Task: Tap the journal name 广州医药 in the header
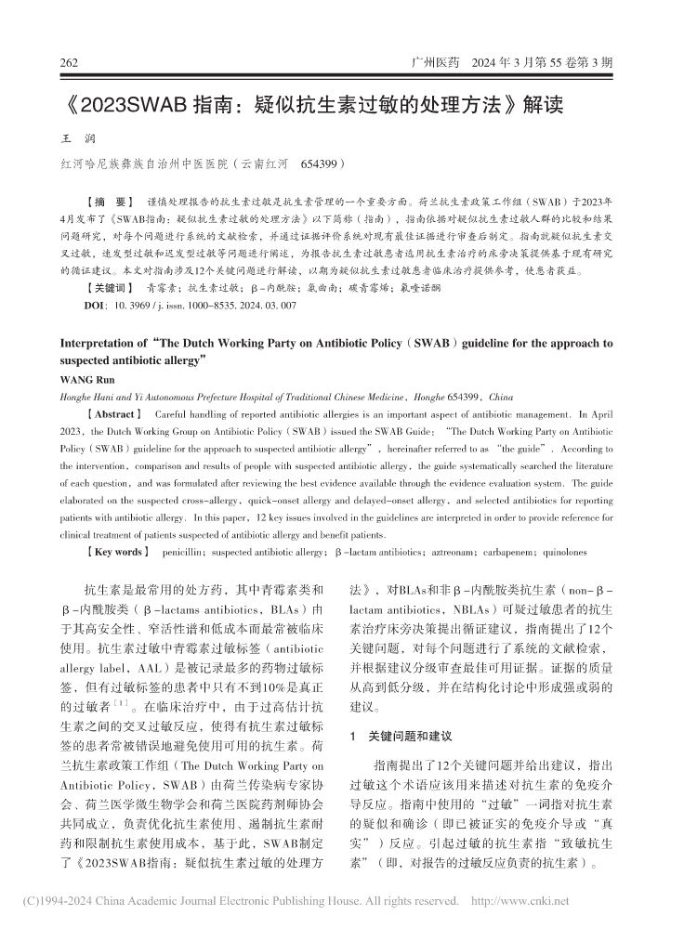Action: tap(436, 64)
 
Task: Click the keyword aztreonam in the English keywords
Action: tap(446, 552)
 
